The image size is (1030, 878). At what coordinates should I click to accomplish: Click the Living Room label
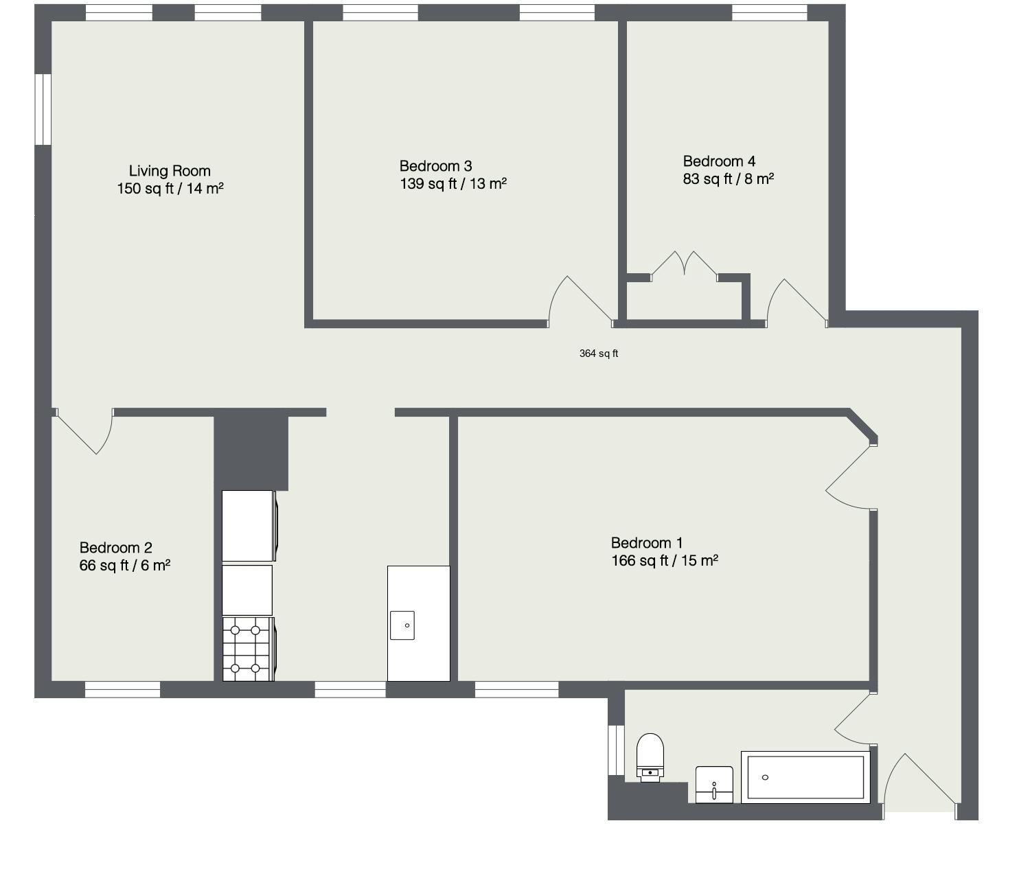pos(170,171)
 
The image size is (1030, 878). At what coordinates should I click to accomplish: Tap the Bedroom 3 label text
pos(435,166)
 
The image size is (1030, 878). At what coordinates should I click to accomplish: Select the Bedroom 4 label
pos(719,161)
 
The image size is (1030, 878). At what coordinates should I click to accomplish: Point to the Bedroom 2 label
pos(115,548)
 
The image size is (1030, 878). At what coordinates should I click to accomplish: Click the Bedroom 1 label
pos(647,543)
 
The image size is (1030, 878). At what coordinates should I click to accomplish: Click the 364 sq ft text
pos(599,354)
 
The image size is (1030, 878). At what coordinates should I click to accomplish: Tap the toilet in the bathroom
pos(650,756)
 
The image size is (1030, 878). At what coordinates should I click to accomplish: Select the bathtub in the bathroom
pos(805,777)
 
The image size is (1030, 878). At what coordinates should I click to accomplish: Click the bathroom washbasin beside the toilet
pos(714,785)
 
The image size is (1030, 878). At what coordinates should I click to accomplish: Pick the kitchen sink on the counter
pos(402,625)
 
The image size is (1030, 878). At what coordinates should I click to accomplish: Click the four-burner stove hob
pos(246,649)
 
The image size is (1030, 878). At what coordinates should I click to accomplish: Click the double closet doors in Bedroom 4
pos(684,264)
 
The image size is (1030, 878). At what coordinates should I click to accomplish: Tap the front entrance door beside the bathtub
pos(920,783)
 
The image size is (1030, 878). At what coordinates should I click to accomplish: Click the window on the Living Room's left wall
pos(43,109)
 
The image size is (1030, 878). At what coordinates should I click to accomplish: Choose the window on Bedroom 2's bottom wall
pos(122,689)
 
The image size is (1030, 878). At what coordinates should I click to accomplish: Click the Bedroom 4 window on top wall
pos(769,12)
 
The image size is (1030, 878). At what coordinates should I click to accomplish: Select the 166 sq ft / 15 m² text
pos(664,561)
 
